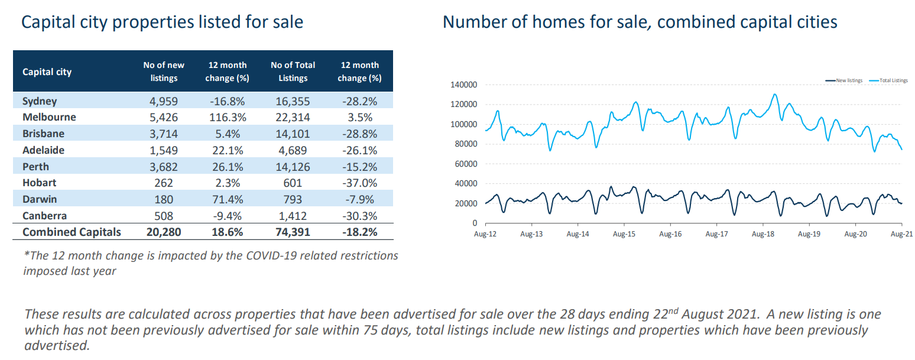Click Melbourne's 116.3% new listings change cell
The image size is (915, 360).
[227, 117]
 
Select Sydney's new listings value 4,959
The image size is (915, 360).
[164, 101]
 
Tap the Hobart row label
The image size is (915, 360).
[39, 183]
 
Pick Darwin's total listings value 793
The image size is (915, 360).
[293, 200]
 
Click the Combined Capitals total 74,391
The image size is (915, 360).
[293, 232]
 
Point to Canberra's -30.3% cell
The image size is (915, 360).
[360, 216]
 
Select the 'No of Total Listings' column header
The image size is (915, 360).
[293, 72]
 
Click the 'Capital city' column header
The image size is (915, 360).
[47, 72]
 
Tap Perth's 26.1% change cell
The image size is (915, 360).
[227, 167]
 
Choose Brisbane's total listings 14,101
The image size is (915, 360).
[293, 134]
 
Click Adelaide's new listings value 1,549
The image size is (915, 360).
[164, 150]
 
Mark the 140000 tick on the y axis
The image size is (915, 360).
[463, 85]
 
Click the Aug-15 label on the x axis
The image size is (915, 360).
[624, 234]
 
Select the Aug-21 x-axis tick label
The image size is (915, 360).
[901, 234]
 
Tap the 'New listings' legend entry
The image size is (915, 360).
[848, 80]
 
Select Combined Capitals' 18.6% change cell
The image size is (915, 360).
[227, 232]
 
